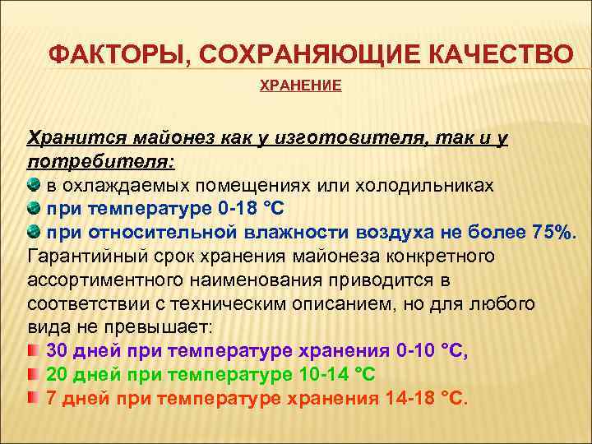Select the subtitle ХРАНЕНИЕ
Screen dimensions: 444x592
(x=300, y=86)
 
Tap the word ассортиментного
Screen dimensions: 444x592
(x=99, y=280)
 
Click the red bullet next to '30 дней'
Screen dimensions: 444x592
(x=33, y=351)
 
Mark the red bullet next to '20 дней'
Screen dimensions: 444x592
(x=33, y=375)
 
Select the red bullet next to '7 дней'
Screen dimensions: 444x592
(x=33, y=399)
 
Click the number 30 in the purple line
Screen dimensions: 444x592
(x=58, y=351)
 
